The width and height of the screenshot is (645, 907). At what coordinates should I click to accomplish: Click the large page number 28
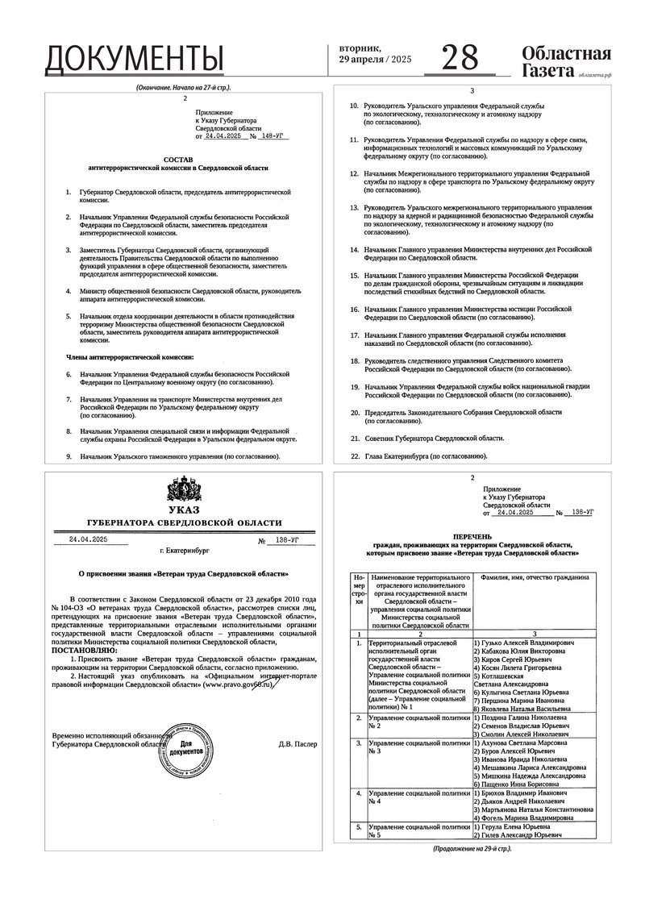tap(460, 57)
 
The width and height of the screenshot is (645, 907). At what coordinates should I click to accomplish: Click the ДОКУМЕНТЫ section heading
tap(134, 59)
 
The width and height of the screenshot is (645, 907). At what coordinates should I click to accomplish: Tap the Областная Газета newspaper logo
tap(566, 62)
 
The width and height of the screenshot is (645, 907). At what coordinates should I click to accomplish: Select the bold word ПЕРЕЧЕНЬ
tap(472, 535)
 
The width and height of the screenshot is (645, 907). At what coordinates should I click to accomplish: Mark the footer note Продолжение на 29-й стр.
tap(472, 849)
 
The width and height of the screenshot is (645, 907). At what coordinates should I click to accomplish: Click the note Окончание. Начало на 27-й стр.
tap(178, 86)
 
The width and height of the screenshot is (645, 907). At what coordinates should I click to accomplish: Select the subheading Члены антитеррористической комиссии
tap(130, 356)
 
